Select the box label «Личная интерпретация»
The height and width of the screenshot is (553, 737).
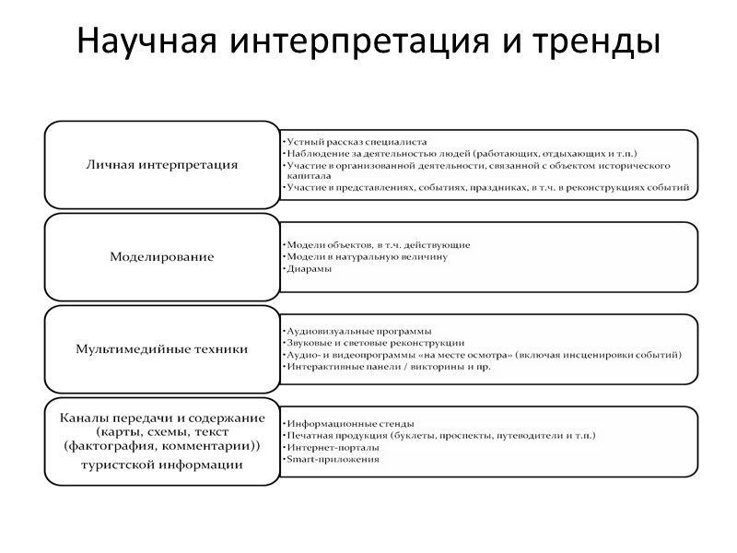(x=162, y=165)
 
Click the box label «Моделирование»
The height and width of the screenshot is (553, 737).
(x=162, y=257)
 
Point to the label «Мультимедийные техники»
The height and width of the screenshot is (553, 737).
(x=162, y=349)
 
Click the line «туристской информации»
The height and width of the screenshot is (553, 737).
(x=162, y=465)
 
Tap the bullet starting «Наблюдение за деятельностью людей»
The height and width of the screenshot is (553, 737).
(x=461, y=153)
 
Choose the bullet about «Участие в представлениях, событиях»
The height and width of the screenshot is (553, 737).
(x=486, y=187)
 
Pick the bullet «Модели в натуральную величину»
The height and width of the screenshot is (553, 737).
(x=366, y=256)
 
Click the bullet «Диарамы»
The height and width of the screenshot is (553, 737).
(x=309, y=268)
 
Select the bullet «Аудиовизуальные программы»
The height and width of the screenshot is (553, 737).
(x=358, y=331)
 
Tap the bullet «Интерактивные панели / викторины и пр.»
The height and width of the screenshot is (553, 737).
(x=387, y=366)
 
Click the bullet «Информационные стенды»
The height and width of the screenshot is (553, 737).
(x=349, y=424)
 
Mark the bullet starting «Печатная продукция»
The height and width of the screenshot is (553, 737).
(x=440, y=435)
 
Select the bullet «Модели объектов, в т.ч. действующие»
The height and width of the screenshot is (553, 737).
(x=378, y=245)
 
